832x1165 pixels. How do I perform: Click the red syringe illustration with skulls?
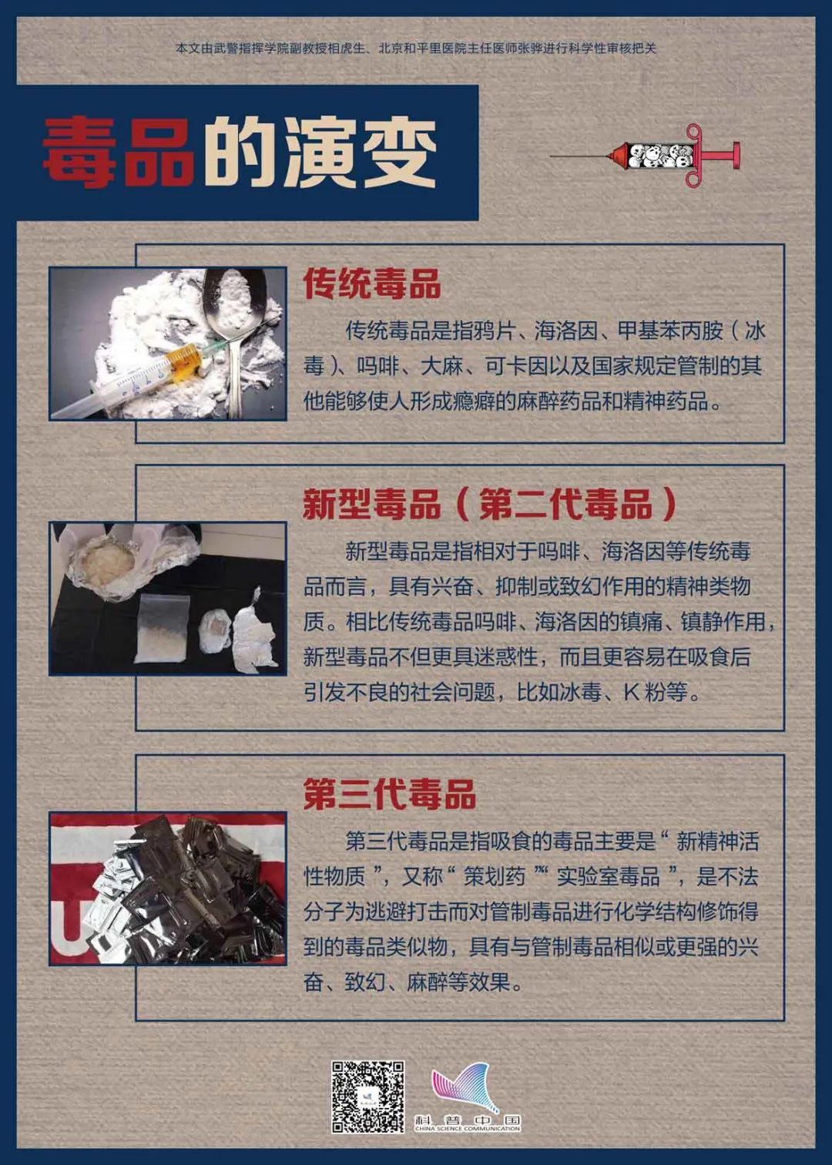click(646, 156)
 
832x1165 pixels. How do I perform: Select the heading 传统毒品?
click(372, 284)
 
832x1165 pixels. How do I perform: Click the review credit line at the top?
click(416, 49)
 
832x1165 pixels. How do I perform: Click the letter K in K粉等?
click(631, 693)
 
